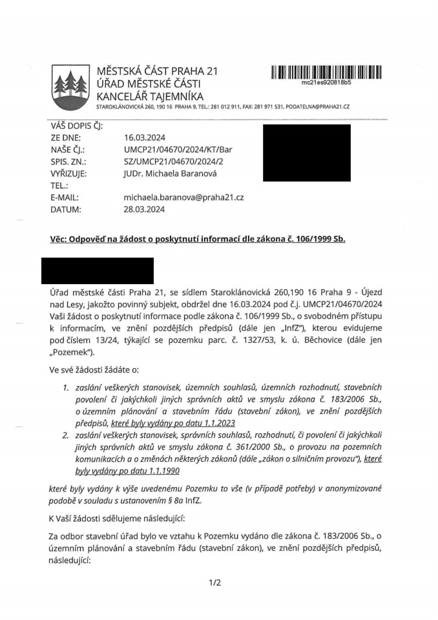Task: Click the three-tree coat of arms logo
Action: pyautogui.click(x=70, y=87)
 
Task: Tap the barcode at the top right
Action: pyautogui.click(x=326, y=72)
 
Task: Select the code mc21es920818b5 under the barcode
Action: pyautogui.click(x=326, y=83)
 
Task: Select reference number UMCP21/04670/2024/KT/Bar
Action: pyautogui.click(x=178, y=150)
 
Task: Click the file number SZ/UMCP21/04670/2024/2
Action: pyautogui.click(x=173, y=161)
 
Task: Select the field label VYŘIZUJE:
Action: pyautogui.click(x=68, y=173)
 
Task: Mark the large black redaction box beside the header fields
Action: pyautogui.click(x=307, y=152)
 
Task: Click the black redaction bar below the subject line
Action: pyautogui.click(x=97, y=271)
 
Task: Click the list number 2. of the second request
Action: pyautogui.click(x=66, y=435)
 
